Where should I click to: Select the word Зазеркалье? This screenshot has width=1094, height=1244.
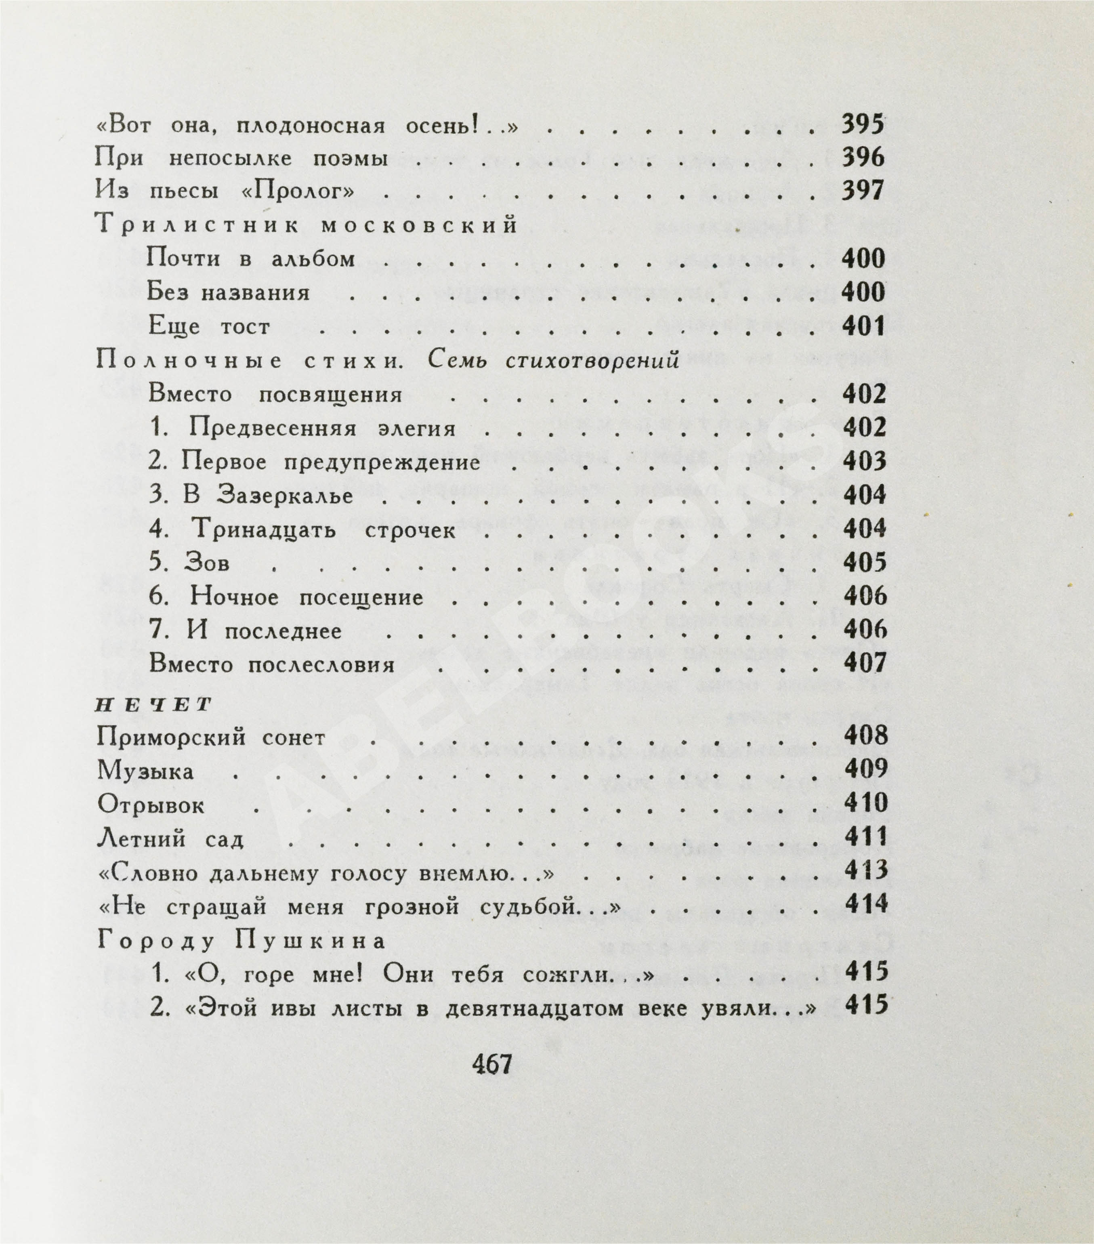click(x=285, y=496)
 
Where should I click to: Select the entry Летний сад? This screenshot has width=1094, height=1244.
click(x=170, y=840)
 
